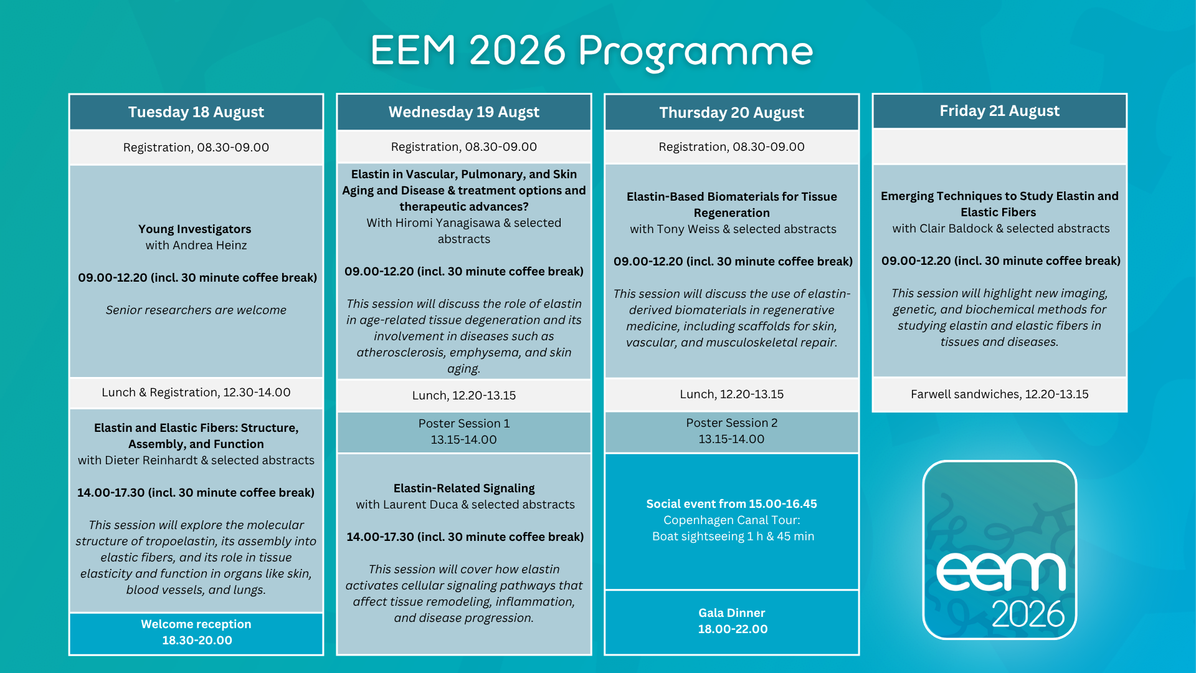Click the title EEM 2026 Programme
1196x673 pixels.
(x=592, y=51)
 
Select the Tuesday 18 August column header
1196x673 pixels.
(x=196, y=112)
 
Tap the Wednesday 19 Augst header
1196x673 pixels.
(x=464, y=112)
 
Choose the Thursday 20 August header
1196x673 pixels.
(x=732, y=113)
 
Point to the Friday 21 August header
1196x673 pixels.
(x=1000, y=111)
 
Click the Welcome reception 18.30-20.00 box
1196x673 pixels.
(x=196, y=633)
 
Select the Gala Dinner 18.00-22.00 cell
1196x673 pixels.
(x=732, y=621)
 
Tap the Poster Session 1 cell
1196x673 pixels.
(x=464, y=432)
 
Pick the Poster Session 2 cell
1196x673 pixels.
(x=732, y=431)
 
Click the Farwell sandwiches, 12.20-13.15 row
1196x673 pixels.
(x=1000, y=394)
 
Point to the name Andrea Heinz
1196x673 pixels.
(x=209, y=246)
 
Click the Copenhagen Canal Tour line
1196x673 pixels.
(x=732, y=520)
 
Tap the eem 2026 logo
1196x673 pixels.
(x=1000, y=550)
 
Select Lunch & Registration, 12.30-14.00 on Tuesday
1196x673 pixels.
(x=196, y=393)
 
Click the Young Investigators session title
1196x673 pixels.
(x=195, y=229)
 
